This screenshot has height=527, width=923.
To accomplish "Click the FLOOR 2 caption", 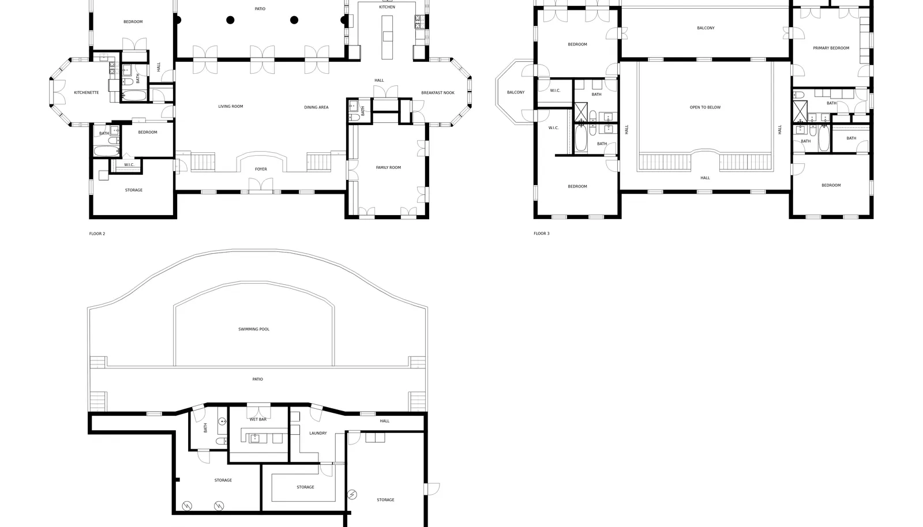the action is [97, 234].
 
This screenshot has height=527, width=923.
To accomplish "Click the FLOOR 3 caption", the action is [542, 234].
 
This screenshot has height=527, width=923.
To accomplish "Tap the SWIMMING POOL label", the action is [254, 329].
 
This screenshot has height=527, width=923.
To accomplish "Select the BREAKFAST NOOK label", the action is [438, 93].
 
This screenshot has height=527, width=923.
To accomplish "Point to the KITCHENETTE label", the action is [86, 93].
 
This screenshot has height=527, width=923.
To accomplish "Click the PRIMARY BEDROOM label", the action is [831, 48].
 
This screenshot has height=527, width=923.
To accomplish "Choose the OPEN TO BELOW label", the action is [705, 107].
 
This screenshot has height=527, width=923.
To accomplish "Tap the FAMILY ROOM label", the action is [388, 168].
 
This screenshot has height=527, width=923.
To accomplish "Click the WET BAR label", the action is [258, 420].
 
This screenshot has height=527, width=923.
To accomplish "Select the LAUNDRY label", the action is [318, 433].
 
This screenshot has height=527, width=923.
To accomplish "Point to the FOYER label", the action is [261, 169].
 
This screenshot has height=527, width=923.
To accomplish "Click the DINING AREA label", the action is [316, 107].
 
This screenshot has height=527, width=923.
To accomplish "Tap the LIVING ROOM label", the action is [230, 107].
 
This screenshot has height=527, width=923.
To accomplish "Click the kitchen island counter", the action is [387, 37].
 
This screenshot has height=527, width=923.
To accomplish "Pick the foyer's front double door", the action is [260, 185].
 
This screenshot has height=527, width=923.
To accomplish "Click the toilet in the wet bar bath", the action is [222, 442].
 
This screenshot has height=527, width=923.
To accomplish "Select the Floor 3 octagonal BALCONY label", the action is [516, 93].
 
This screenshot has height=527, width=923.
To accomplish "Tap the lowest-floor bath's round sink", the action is [222, 421].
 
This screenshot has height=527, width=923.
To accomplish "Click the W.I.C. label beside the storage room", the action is [129, 165].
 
